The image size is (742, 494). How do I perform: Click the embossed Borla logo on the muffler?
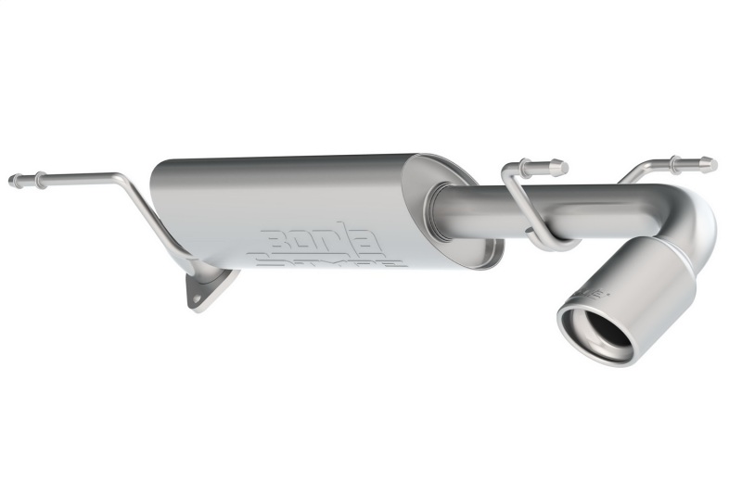point(320,239)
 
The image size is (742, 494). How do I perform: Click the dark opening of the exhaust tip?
point(596,328)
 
